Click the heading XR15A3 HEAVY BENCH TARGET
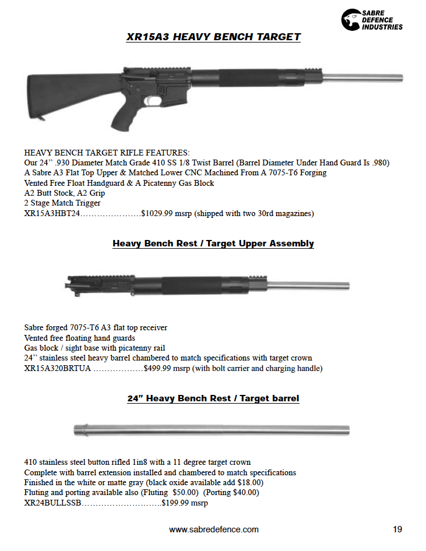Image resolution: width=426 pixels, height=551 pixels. coord(213,37)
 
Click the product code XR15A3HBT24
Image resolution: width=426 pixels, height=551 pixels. coord(52,214)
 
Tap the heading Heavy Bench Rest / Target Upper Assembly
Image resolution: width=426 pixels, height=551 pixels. coord(213,243)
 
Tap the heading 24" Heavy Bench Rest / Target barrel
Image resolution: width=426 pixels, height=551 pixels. coord(213,398)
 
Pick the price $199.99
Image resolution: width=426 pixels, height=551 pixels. coord(178,503)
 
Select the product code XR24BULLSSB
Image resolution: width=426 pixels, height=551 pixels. coord(52,503)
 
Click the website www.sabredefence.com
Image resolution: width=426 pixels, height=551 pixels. coord(213,529)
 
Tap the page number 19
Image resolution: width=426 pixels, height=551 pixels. coord(397,529)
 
